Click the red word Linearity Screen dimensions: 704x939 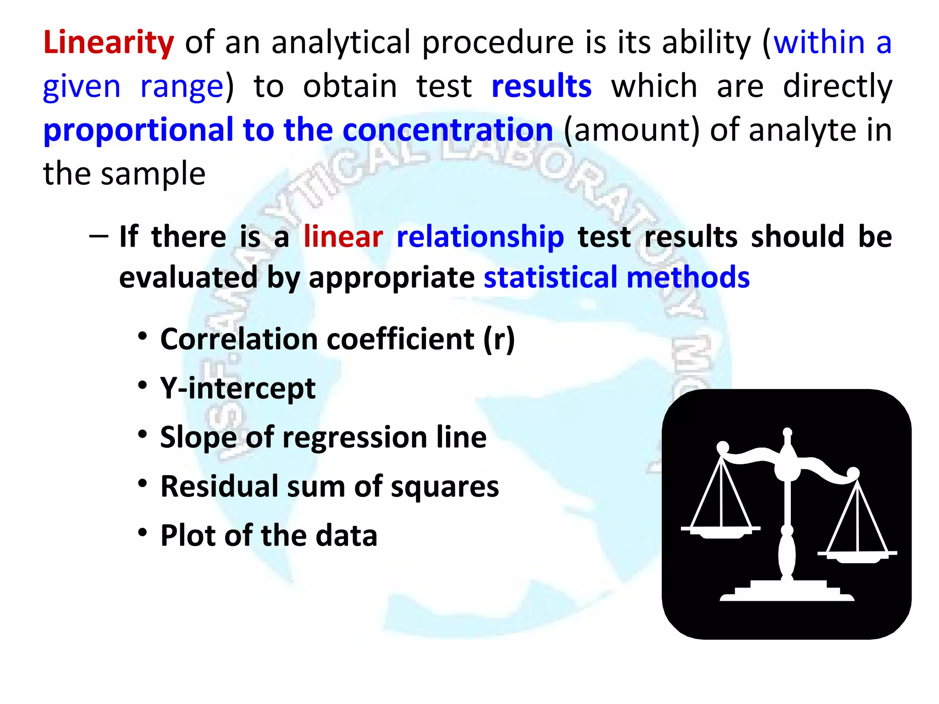click(x=108, y=42)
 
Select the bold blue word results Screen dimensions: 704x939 click(x=541, y=86)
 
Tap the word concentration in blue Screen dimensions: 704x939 click(x=447, y=130)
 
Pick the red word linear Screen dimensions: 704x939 click(x=343, y=237)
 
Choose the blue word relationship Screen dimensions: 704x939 click(x=480, y=237)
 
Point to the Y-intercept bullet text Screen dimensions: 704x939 click(x=238, y=389)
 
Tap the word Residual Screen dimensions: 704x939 click(x=219, y=486)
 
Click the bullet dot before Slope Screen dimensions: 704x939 click(x=143, y=434)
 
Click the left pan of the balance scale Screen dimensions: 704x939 click(x=720, y=532)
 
